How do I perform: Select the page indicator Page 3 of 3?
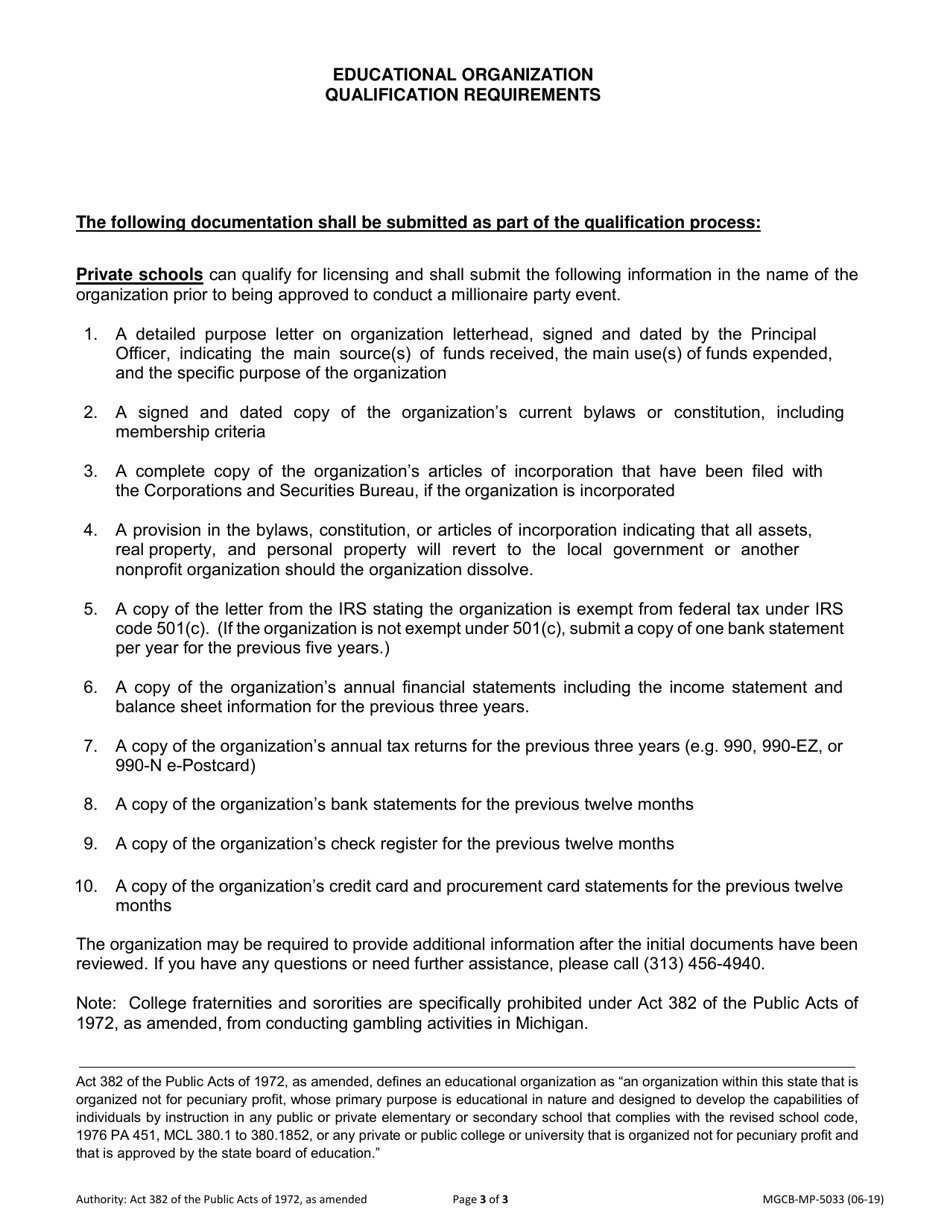(481, 1199)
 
